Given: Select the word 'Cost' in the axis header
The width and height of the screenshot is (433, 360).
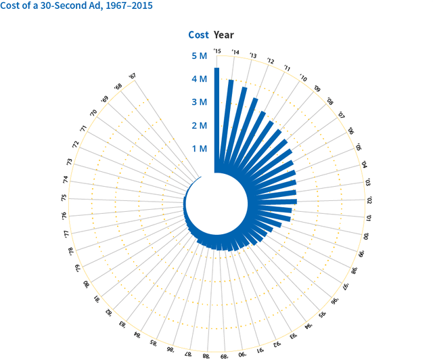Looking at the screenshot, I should point(198,35).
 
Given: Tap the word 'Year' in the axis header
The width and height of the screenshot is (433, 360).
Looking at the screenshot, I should point(224,35).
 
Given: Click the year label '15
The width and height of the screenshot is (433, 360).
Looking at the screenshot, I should point(217,51).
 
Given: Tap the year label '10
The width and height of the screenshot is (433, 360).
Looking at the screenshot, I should point(302,79).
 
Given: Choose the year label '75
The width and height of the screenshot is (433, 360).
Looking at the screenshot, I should point(64,198).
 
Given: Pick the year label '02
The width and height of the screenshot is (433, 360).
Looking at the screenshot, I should point(369,200).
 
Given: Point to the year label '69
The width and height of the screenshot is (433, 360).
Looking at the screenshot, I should point(104,99).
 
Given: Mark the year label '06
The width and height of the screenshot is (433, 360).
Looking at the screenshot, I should point(350,131).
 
